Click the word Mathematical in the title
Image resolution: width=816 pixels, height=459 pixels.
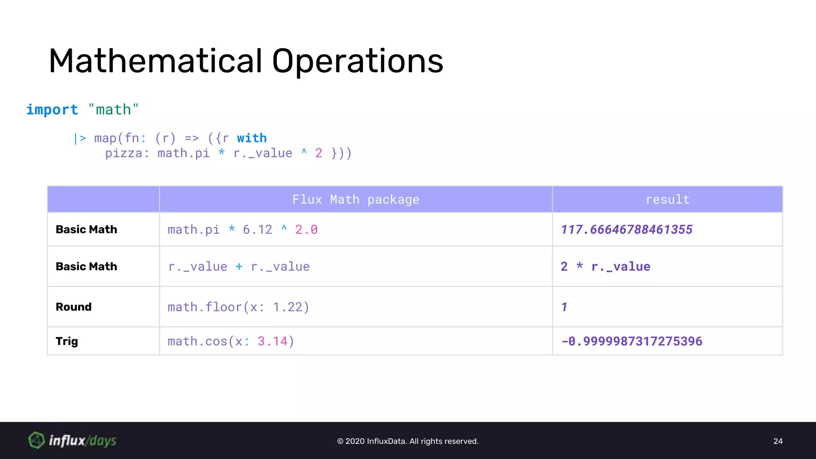click(155, 61)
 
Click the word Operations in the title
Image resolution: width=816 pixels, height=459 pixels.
click(357, 62)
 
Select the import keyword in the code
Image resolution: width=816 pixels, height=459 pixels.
click(52, 110)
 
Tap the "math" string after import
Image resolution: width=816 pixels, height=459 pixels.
click(114, 110)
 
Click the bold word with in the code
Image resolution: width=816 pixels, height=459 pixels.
click(252, 138)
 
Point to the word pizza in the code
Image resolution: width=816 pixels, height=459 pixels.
click(124, 153)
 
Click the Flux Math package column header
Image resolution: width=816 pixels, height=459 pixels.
click(355, 199)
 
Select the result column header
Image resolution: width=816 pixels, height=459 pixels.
click(667, 199)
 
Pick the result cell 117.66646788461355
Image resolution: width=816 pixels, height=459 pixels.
click(626, 229)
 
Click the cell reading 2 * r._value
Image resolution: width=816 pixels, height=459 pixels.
click(605, 267)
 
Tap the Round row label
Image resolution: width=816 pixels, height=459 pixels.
click(74, 307)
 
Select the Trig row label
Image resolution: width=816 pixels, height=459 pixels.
click(67, 341)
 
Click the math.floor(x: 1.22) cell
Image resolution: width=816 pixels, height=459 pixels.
click(238, 307)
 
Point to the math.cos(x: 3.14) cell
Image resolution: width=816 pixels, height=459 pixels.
click(231, 341)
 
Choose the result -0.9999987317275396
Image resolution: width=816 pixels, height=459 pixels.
click(632, 341)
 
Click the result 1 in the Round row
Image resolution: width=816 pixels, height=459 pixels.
click(564, 307)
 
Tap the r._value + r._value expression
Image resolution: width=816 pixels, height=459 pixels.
click(239, 267)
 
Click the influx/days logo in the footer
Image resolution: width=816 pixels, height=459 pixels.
click(73, 441)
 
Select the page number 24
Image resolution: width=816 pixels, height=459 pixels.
click(778, 441)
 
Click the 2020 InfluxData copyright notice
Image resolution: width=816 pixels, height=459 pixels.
click(408, 441)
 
